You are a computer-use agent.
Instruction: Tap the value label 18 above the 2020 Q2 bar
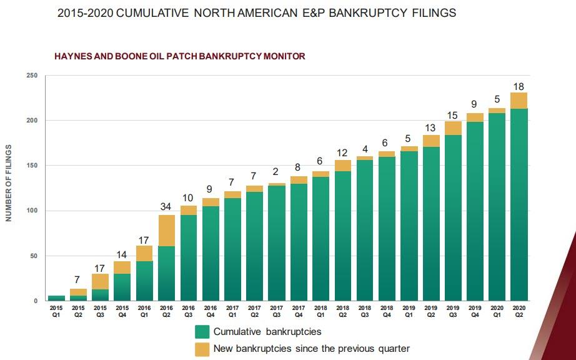(519, 86)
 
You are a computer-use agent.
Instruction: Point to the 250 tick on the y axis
(32, 76)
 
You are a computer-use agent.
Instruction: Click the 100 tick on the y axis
(32, 211)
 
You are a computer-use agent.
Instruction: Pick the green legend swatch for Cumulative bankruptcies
(202, 331)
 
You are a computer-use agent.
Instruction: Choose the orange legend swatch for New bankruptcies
(202, 348)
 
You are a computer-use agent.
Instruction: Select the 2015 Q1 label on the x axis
(56, 311)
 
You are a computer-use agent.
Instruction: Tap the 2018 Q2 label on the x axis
(343, 311)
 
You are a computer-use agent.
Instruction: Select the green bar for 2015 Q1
(56, 298)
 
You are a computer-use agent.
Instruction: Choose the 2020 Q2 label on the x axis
(519, 311)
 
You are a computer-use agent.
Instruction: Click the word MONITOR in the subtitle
(284, 56)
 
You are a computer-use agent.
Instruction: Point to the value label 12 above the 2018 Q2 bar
(343, 152)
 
